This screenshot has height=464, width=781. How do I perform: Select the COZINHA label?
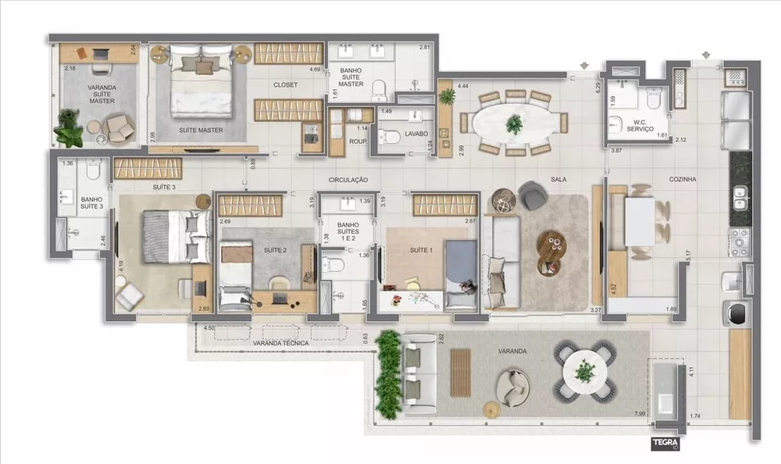[682, 180]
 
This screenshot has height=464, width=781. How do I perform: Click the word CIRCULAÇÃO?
[348, 180]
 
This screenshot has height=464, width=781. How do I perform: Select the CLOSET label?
[285, 85]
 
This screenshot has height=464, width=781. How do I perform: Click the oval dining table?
[514, 123]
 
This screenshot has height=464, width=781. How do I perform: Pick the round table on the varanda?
[584, 372]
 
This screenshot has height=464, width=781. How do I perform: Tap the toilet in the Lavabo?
[389, 138]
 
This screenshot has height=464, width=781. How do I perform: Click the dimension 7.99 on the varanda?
[640, 412]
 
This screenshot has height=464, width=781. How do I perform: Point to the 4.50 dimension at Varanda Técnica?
[209, 329]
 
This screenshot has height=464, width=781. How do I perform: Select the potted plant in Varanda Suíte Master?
[69, 128]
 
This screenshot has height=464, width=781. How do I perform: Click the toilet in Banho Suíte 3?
[93, 170]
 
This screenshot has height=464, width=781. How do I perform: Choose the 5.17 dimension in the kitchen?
[687, 255]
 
